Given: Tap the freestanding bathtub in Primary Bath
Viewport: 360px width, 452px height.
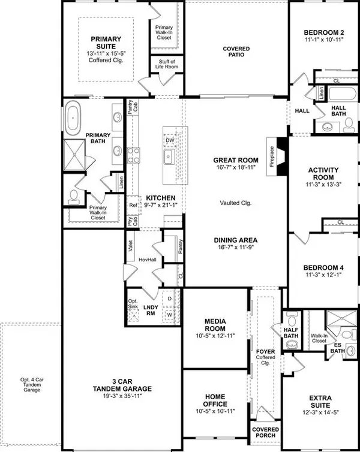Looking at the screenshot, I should coord(76,118).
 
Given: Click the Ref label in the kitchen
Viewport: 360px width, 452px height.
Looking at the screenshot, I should coord(133,205).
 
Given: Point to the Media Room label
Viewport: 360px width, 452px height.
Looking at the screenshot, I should coord(214,325).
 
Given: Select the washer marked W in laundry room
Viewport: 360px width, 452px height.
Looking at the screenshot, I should coord(170,312).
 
